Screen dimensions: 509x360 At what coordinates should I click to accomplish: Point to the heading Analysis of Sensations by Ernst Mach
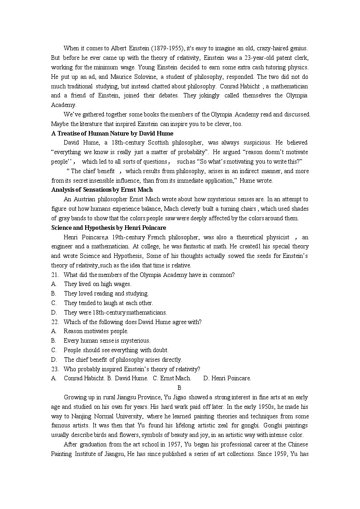click(102, 189)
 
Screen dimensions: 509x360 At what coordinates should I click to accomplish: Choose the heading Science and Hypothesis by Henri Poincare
click(108, 228)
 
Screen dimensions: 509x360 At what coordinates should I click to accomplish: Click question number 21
click(55, 275)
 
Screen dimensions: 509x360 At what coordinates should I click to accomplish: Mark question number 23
click(55, 369)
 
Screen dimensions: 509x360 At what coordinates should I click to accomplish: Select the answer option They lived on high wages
click(97, 284)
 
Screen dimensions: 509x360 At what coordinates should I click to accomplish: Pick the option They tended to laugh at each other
click(108, 303)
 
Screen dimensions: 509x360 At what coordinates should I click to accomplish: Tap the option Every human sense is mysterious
click(107, 340)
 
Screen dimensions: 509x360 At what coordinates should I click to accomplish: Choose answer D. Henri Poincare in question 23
click(227, 378)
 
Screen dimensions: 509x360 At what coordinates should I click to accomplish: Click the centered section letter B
click(180, 388)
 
